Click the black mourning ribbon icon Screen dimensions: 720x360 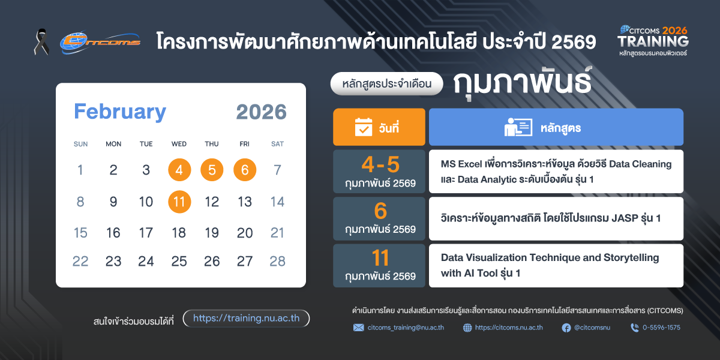[x=42, y=42]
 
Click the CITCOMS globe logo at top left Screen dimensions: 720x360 [x=100, y=43]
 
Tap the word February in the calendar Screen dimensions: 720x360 [x=120, y=112]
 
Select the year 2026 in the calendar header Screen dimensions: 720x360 [x=261, y=112]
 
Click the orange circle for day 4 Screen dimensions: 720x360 [x=179, y=170]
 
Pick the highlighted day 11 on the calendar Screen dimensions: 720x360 [x=179, y=202]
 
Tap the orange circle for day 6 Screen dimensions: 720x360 [x=245, y=170]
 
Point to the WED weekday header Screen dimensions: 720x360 [x=179, y=144]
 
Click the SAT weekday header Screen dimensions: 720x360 [x=277, y=144]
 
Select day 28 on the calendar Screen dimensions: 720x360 [x=277, y=262]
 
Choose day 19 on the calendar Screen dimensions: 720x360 [x=212, y=233]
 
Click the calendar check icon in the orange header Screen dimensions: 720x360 [x=364, y=127]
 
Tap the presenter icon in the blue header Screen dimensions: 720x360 [x=518, y=127]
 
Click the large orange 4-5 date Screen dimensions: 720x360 [x=380, y=164]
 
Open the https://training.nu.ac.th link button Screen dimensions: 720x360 [x=246, y=318]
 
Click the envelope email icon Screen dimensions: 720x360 [x=359, y=328]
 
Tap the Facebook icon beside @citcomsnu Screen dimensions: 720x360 [x=566, y=328]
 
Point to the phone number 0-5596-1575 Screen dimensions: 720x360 [x=661, y=328]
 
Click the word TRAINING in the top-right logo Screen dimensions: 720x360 [x=653, y=41]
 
